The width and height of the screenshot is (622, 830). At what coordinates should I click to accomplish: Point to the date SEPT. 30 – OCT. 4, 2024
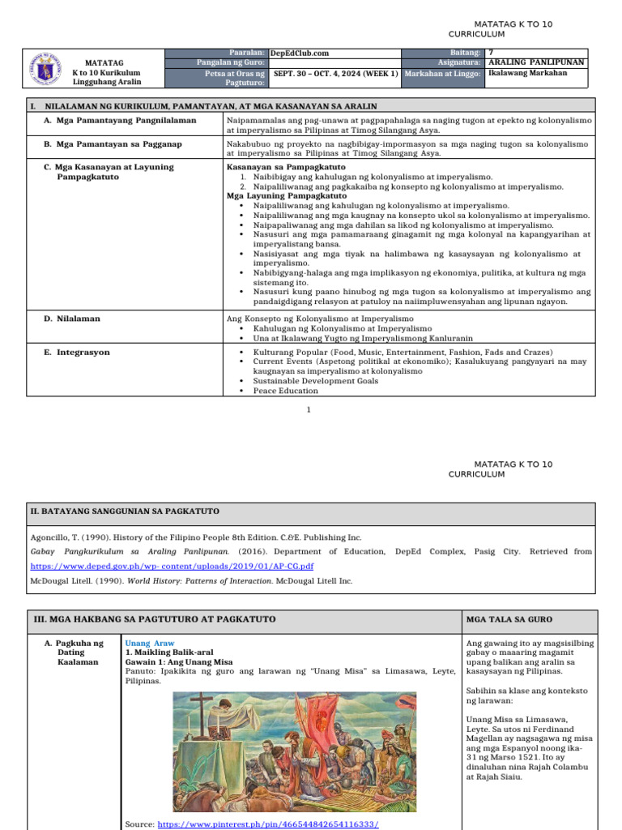(x=328, y=73)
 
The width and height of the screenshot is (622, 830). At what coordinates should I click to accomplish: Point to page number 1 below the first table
(x=309, y=410)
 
